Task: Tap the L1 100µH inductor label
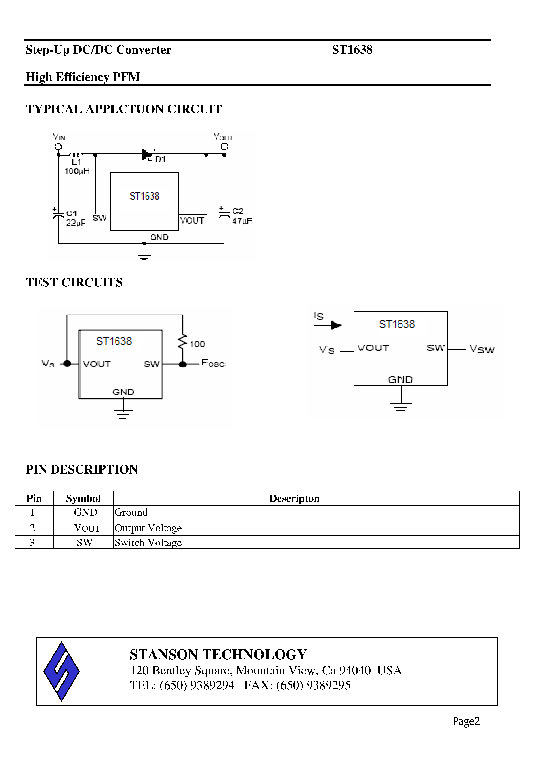coord(77,167)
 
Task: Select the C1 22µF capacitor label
coord(75,218)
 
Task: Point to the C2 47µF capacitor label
coord(241,216)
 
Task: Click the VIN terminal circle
coord(58,147)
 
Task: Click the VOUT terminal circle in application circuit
coord(224,146)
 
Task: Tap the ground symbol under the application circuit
coord(144,256)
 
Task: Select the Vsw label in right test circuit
coord(482,349)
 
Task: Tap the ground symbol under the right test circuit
coord(401,406)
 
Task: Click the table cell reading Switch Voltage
coord(148,542)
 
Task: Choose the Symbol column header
coord(83,499)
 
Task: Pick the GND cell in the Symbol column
coord(85,512)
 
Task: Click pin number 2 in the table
coord(32,528)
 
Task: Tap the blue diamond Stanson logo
coord(61,671)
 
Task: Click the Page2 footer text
coord(466,721)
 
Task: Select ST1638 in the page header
coord(352,50)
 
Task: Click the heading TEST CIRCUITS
coord(74,282)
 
